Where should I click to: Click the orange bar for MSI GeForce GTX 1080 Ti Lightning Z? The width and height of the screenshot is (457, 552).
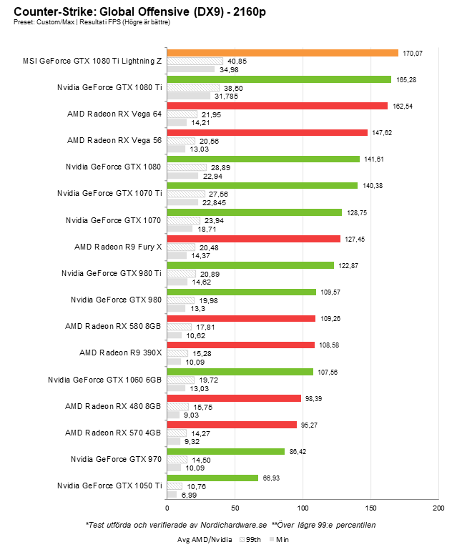tap(282, 53)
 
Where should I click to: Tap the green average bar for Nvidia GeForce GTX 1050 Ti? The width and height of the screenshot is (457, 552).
tap(212, 478)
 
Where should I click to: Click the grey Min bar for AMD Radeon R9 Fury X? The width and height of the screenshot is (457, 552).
tap(177, 255)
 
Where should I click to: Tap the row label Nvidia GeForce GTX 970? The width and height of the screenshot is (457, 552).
tap(117, 459)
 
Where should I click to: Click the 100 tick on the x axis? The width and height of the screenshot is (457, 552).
tap(303, 508)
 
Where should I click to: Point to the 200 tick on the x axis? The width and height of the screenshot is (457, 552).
tap(438, 508)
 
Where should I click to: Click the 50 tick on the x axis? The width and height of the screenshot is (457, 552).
tap(235, 508)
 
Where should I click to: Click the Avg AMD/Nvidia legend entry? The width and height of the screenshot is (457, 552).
tap(205, 540)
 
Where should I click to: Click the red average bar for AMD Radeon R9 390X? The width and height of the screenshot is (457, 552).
tap(240, 345)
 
